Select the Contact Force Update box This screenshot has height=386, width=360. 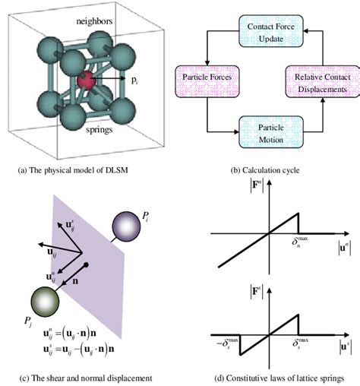click(271, 32)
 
